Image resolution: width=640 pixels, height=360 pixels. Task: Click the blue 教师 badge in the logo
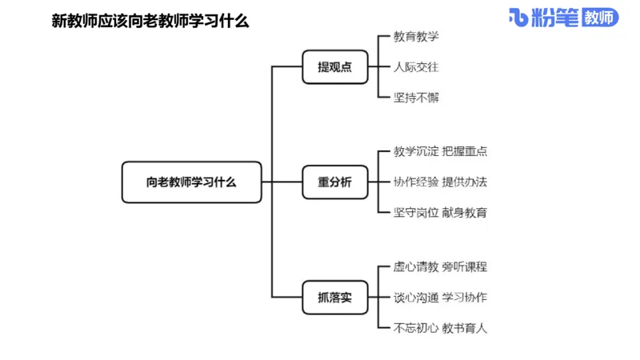[x=600, y=18]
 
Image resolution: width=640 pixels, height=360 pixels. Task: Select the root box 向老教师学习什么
[x=192, y=182]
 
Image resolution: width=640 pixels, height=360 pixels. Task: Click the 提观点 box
[x=334, y=67]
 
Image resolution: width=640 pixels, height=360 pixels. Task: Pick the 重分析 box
[x=334, y=182]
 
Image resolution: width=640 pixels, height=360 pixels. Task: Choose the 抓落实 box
[x=334, y=298]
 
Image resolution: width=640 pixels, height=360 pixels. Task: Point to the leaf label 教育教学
[x=416, y=37]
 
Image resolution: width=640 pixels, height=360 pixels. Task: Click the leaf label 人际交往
[x=416, y=67]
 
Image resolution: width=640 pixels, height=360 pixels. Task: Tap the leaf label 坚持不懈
[x=416, y=98]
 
